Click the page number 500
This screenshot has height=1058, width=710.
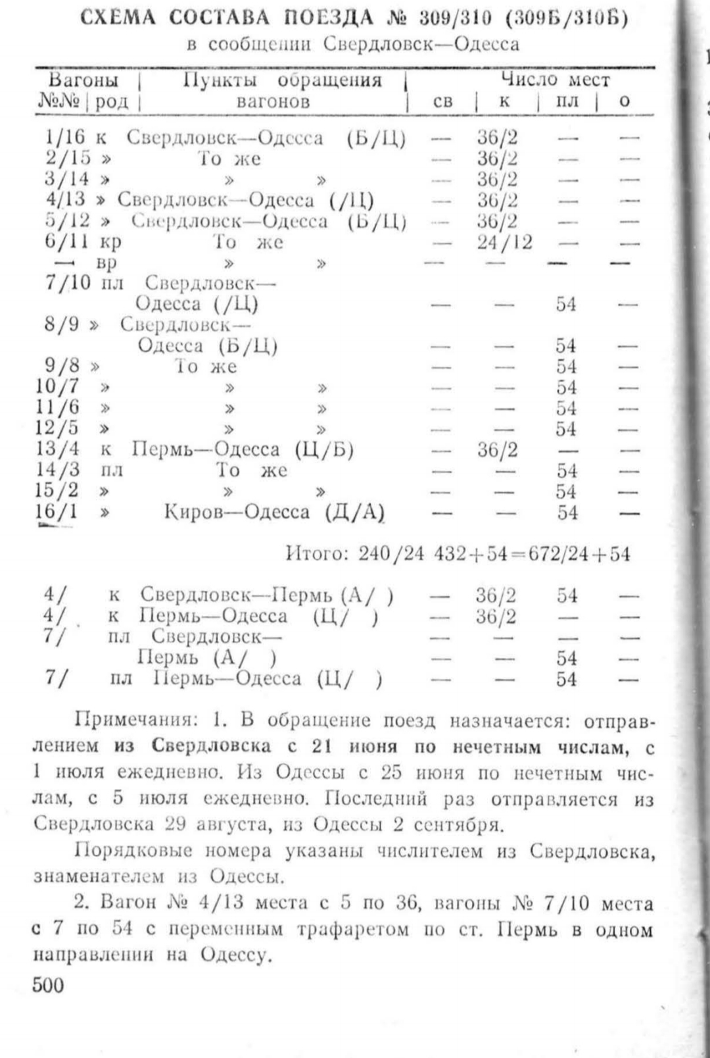(x=49, y=985)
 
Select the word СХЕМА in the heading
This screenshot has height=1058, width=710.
(x=119, y=18)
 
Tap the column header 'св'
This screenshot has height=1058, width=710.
(x=443, y=101)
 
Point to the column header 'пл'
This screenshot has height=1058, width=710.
(x=567, y=101)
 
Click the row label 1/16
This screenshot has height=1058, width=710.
(x=65, y=137)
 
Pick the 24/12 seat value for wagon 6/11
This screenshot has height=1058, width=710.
(x=504, y=242)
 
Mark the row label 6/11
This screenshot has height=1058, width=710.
(x=66, y=241)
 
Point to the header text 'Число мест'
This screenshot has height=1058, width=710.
(x=556, y=80)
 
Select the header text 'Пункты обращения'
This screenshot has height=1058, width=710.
(x=282, y=80)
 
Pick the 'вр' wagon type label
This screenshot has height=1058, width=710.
(x=107, y=263)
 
